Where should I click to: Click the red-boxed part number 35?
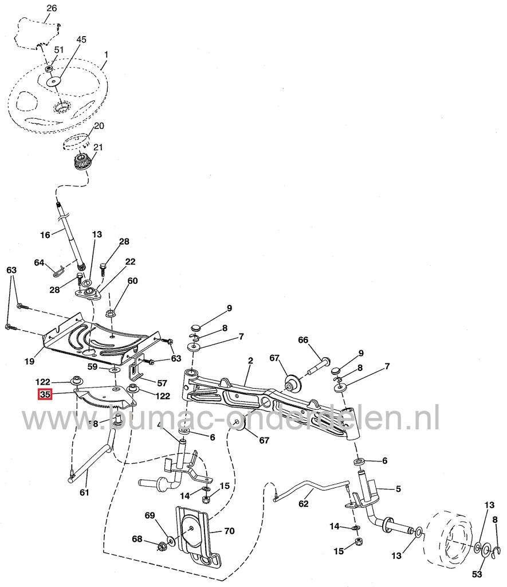45,395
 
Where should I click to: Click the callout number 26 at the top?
52,8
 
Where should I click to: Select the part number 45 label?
81,40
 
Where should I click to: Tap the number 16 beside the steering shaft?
45,234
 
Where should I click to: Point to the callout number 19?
30,361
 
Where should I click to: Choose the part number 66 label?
303,340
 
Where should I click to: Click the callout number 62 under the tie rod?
304,504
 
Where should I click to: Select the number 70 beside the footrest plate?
229,531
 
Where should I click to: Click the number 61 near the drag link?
84,492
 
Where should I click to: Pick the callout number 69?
150,516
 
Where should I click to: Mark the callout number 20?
99,126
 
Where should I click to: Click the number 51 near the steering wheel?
58,50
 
